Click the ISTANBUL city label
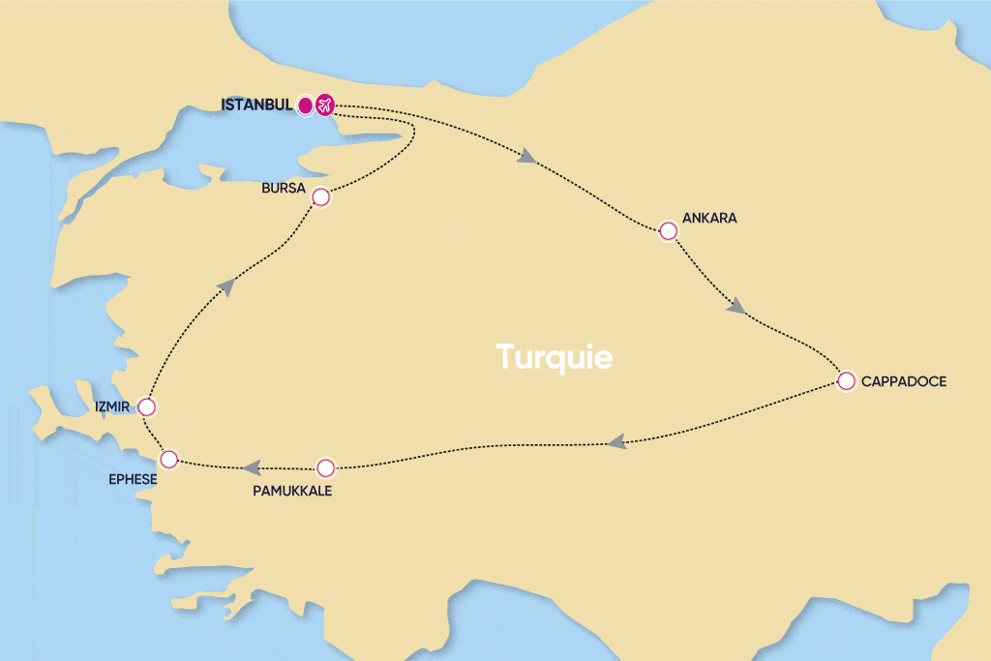(256, 105)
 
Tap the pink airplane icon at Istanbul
(325, 105)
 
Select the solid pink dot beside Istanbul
(305, 105)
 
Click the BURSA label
(284, 187)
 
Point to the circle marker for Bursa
(321, 197)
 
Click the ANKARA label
(709, 218)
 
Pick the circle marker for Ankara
(668, 230)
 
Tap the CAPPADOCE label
(904, 381)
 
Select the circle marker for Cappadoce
(846, 380)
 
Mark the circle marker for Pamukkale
(325, 467)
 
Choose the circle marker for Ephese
(169, 458)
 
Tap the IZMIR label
(113, 406)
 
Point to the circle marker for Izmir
(147, 406)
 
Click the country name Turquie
(555, 356)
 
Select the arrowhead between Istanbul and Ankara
(527, 157)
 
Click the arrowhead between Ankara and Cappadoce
(736, 307)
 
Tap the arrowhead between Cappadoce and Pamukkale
(616, 442)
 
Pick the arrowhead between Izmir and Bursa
(225, 284)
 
